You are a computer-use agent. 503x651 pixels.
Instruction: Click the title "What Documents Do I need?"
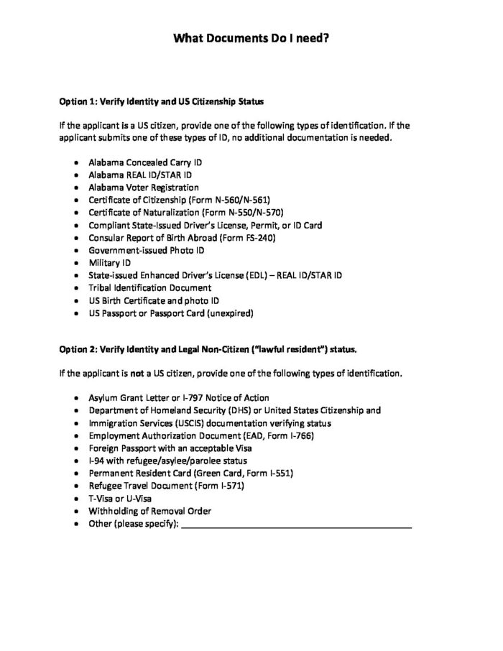click(251, 42)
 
